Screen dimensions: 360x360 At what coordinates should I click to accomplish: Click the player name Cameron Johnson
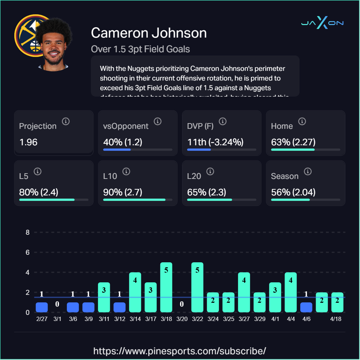(x=149, y=33)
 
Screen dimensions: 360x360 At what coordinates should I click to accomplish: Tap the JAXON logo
(x=322, y=23)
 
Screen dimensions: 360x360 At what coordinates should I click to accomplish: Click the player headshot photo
(x=54, y=45)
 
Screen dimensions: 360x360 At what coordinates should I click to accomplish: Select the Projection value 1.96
(x=28, y=142)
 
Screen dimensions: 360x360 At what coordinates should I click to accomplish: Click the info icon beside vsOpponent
(x=157, y=122)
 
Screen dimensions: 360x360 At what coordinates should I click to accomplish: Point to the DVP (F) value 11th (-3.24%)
(x=215, y=142)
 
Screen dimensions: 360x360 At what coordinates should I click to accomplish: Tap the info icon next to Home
(x=302, y=122)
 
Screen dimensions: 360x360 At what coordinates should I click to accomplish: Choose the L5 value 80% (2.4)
(x=39, y=192)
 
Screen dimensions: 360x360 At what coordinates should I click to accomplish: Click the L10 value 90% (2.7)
(x=123, y=192)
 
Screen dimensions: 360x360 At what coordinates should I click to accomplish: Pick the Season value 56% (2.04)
(x=293, y=192)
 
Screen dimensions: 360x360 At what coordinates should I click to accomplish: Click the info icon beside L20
(x=210, y=172)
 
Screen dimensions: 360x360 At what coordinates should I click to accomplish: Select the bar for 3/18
(x=166, y=287)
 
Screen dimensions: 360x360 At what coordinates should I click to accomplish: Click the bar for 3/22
(x=197, y=287)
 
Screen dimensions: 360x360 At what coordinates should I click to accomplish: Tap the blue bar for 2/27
(x=42, y=307)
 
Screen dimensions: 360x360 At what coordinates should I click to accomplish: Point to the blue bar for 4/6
(x=306, y=307)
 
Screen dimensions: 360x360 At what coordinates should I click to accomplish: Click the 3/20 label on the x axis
(x=181, y=319)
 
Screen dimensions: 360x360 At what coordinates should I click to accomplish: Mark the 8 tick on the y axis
(x=28, y=233)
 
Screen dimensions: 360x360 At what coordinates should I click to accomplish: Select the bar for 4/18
(x=337, y=302)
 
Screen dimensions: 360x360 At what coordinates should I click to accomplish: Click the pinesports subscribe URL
(x=180, y=350)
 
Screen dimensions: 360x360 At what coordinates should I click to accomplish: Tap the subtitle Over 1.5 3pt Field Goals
(x=140, y=49)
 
